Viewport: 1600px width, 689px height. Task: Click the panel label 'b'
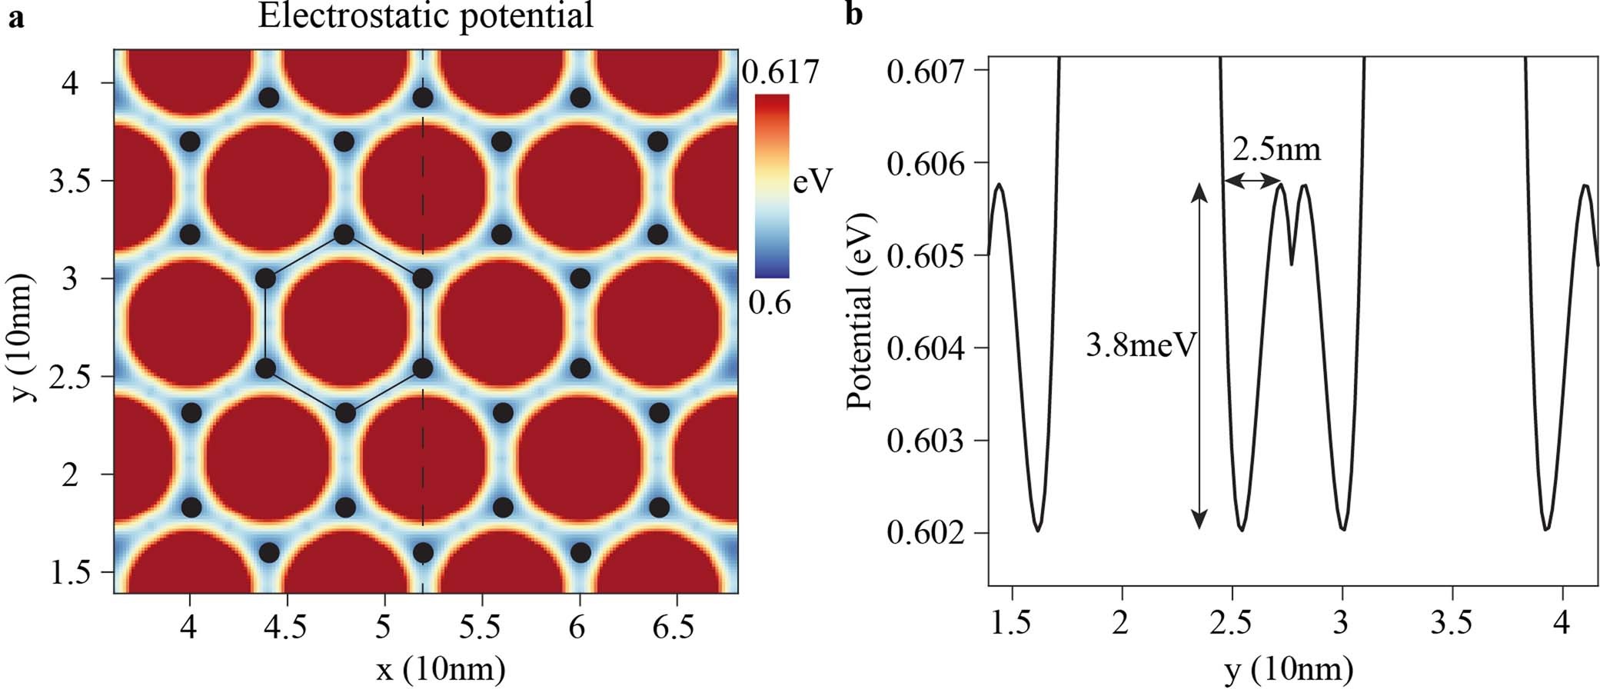pyautogui.click(x=854, y=15)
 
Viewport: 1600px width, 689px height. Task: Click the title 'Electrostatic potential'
pyautogui.click(x=425, y=15)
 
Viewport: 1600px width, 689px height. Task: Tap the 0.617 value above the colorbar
pyautogui.click(x=780, y=72)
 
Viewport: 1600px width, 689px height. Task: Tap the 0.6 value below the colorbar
pyautogui.click(x=770, y=303)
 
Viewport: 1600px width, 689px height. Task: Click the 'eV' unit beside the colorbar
pyautogui.click(x=813, y=181)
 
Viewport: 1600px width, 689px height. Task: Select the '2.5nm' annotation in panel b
pyautogui.click(x=1277, y=149)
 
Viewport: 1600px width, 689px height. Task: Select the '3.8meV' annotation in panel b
pyautogui.click(x=1141, y=345)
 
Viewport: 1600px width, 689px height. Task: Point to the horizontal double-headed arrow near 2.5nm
pyautogui.click(x=1252, y=181)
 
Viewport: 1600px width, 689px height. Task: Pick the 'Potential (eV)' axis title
pyautogui.click(x=860, y=311)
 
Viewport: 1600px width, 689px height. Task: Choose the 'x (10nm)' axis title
pyautogui.click(x=441, y=668)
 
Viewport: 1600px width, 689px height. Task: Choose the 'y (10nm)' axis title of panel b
pyautogui.click(x=1288, y=670)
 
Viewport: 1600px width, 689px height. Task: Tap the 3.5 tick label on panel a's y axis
pyautogui.click(x=70, y=181)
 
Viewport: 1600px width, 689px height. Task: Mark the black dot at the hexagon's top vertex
pyautogui.click(x=344, y=234)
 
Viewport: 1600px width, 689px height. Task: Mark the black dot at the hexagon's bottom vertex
pyautogui.click(x=345, y=414)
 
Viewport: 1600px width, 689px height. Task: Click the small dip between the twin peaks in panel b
pyautogui.click(x=1292, y=264)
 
